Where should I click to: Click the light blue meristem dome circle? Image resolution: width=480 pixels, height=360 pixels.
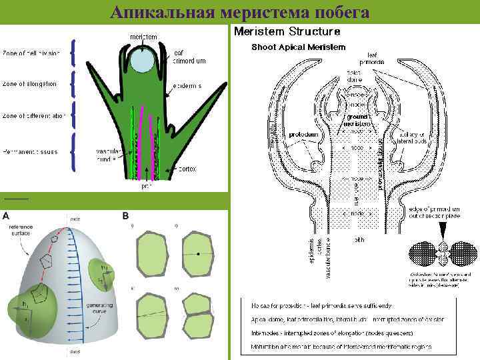(141, 61)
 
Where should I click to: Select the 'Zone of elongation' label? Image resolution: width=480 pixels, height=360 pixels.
(29, 84)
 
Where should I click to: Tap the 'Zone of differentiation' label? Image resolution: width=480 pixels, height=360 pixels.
(33, 116)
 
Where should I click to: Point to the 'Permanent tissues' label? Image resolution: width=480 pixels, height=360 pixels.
(30, 152)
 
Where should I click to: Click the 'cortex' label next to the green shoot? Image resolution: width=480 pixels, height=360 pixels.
(187, 169)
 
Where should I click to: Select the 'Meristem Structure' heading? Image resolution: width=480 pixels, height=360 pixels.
(287, 31)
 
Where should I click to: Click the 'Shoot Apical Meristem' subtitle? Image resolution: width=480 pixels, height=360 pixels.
(298, 47)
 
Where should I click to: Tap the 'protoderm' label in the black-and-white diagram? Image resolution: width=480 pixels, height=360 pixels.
(301, 134)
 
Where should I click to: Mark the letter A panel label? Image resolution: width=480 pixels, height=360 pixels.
(6, 216)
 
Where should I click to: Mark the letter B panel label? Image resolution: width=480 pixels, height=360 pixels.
(125, 215)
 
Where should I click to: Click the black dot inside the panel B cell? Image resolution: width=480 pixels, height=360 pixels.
(198, 255)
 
